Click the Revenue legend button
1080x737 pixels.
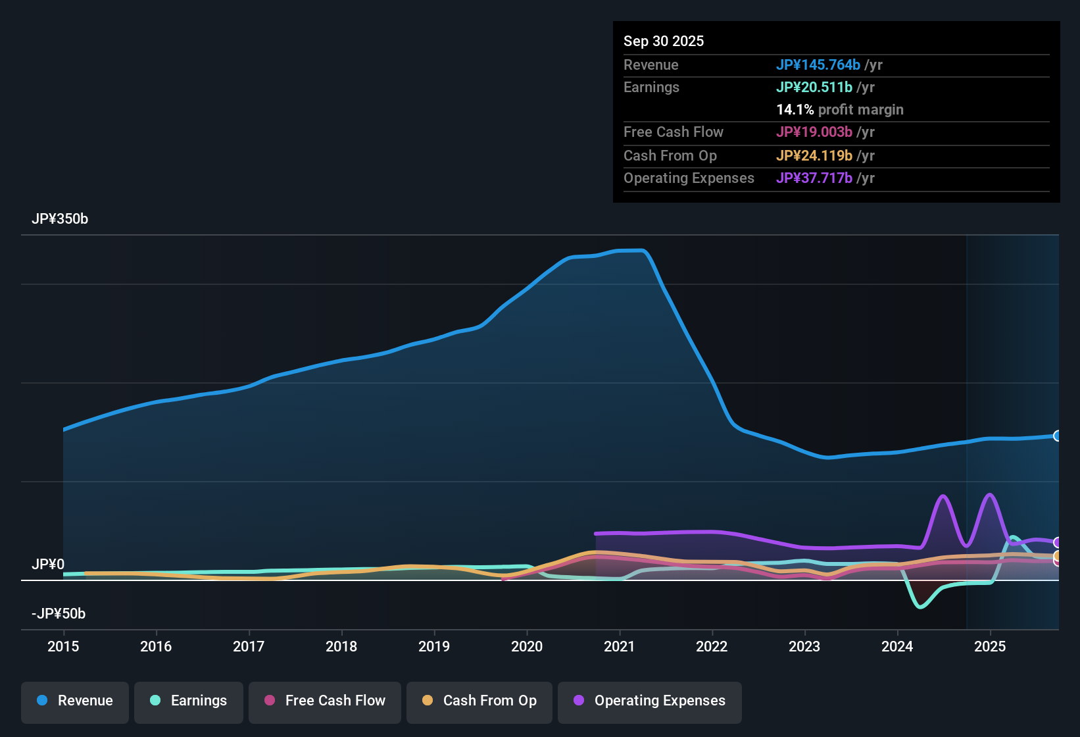(75, 701)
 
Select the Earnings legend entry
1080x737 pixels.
(189, 701)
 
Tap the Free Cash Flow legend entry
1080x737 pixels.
(325, 701)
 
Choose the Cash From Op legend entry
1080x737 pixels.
(479, 701)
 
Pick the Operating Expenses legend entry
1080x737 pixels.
(650, 701)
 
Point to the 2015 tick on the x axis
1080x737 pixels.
(63, 647)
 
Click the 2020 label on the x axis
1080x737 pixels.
(527, 647)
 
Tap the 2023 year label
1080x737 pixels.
(804, 647)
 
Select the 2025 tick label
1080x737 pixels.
(990, 647)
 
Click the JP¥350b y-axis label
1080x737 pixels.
(60, 219)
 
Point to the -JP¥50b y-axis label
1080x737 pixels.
(59, 614)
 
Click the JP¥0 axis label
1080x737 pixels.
(48, 565)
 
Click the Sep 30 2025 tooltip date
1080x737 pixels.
(664, 41)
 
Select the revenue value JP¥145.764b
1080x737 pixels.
(818, 64)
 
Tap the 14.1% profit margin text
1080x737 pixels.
(839, 109)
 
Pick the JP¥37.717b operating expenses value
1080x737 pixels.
(814, 178)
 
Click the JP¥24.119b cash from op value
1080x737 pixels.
(814, 155)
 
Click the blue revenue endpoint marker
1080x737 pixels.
(1057, 436)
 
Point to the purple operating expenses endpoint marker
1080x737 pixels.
(1057, 542)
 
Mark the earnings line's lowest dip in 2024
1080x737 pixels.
(920, 607)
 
